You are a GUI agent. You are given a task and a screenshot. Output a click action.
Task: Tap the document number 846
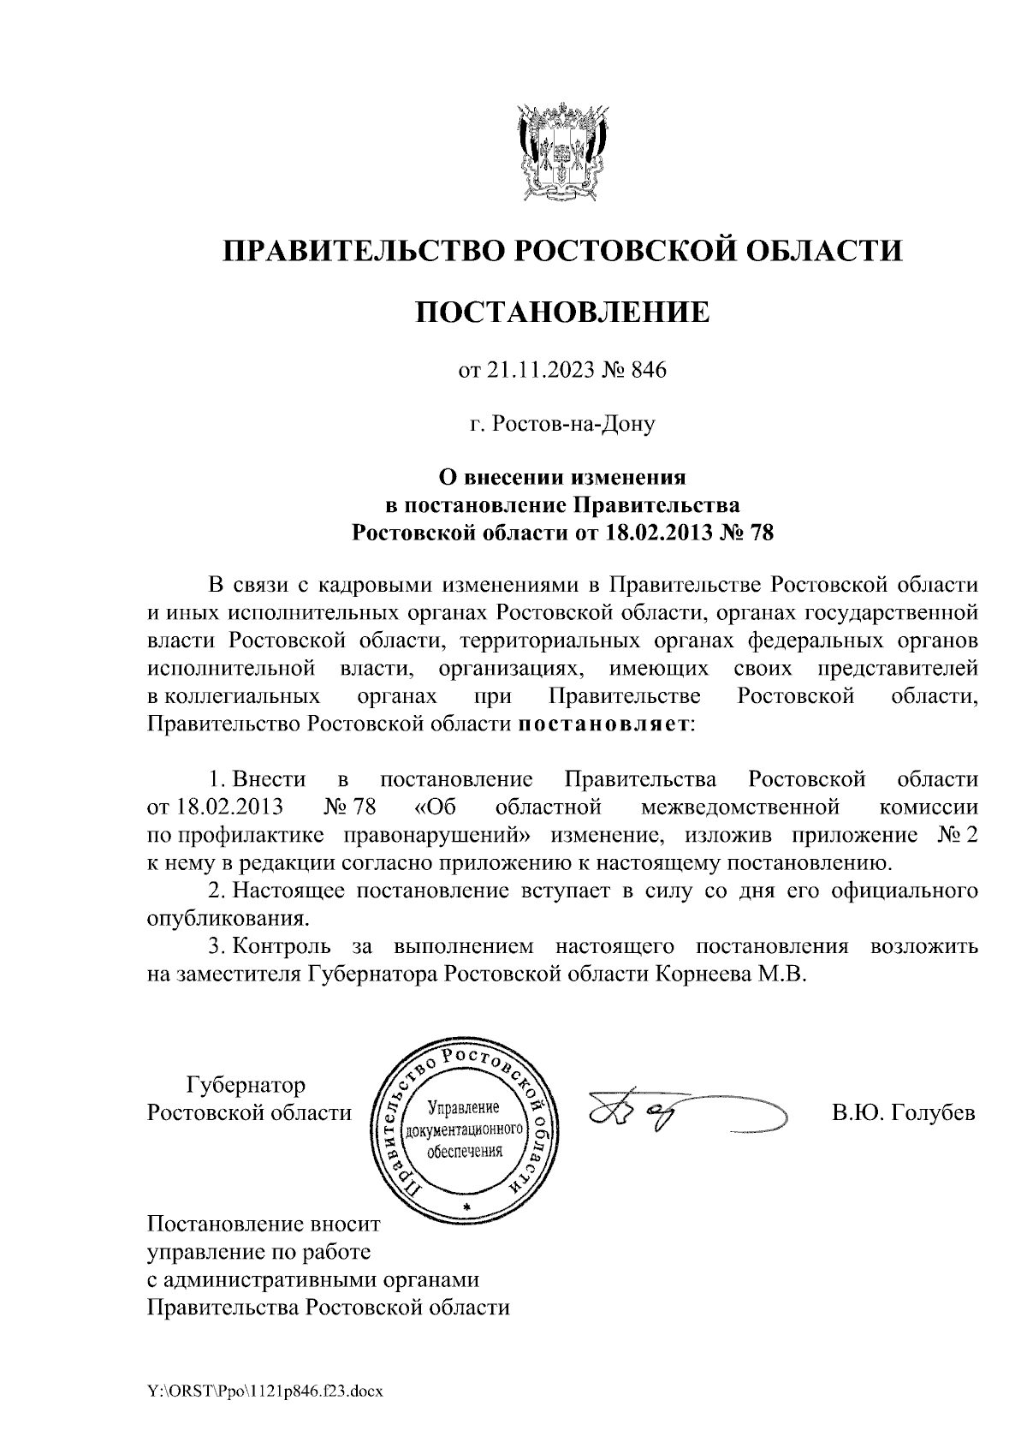pos(648,371)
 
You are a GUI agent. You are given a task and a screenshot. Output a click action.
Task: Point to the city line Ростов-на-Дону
pos(562,424)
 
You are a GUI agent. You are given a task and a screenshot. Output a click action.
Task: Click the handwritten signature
pos(650,1113)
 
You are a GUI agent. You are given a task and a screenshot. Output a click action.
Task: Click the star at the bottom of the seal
pos(466,1207)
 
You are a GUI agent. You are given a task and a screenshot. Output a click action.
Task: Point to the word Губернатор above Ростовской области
pos(246,1086)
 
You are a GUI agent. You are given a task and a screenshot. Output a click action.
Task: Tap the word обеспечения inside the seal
pos(464,1151)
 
